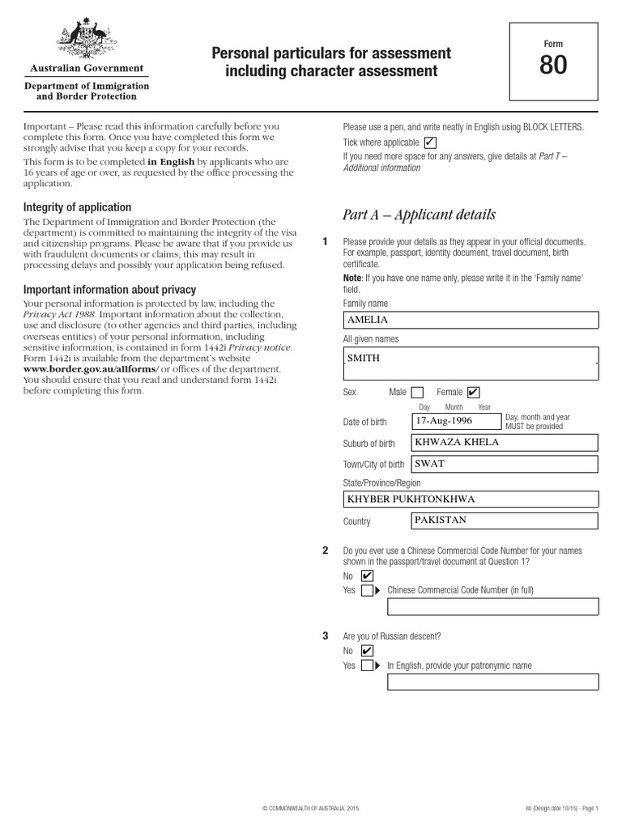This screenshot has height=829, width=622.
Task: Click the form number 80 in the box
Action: click(x=553, y=66)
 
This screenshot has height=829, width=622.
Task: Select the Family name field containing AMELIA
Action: click(x=471, y=320)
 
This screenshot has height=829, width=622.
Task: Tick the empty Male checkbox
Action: click(x=417, y=393)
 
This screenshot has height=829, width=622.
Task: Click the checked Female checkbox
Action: click(x=473, y=393)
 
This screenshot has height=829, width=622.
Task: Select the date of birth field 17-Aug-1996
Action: click(x=454, y=422)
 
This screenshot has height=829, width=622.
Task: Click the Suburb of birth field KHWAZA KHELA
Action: click(x=505, y=443)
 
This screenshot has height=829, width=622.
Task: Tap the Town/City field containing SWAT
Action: click(x=505, y=464)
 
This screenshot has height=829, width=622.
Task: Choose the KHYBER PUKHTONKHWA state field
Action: click(x=471, y=499)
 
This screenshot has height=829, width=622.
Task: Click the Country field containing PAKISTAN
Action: click(x=505, y=521)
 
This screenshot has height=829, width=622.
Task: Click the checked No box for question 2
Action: click(x=367, y=576)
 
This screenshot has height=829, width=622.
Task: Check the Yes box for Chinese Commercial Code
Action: click(x=367, y=590)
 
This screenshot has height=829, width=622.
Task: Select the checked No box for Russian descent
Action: click(x=367, y=651)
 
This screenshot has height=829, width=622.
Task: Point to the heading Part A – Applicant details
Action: click(x=419, y=215)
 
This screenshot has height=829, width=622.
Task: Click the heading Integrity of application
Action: click(x=77, y=207)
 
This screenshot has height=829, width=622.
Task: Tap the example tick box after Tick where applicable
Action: click(x=429, y=142)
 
